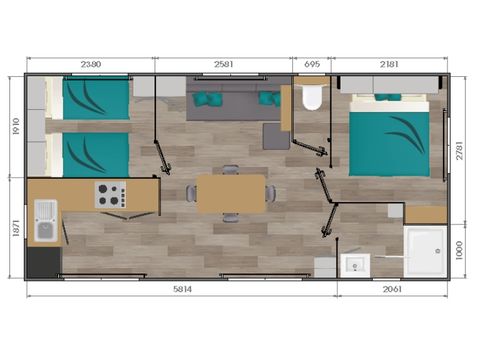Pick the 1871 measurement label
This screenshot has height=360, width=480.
(14, 227)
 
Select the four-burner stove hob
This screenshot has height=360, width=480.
(107, 195)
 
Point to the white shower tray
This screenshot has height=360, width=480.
(425, 249)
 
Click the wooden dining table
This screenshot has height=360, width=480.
(231, 193)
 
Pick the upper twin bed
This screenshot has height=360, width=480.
(95, 101)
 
